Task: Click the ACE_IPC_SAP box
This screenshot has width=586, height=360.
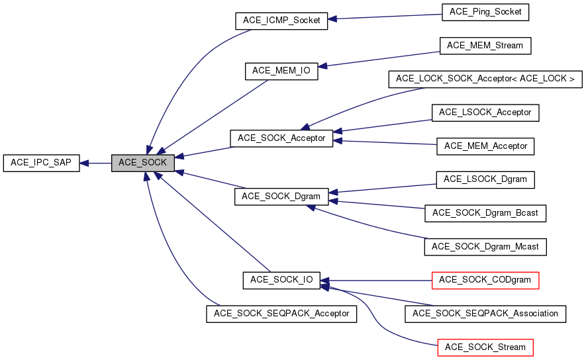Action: [x=41, y=163]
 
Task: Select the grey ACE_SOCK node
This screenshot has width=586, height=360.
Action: [x=142, y=163]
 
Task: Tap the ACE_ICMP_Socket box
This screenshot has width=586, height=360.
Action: [x=281, y=21]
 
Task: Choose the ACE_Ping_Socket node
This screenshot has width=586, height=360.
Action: [x=485, y=12]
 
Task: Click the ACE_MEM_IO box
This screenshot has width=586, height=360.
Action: [x=281, y=71]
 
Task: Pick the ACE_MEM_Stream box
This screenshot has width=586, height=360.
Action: [x=485, y=46]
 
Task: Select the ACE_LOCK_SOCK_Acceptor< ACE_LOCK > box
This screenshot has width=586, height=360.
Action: [x=485, y=79]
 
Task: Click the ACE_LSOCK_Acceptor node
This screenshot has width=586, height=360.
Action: [x=485, y=112]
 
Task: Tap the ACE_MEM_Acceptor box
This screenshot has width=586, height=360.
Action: [x=485, y=146]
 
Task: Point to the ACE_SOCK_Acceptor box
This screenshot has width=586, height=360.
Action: [x=281, y=138]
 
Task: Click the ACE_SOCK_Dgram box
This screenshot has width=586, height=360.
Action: [x=281, y=197]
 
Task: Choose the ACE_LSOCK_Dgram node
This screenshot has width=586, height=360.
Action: [x=485, y=179]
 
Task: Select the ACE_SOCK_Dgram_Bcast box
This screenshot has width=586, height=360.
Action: [x=485, y=213]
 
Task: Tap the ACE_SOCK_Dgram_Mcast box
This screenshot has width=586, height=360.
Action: [x=485, y=247]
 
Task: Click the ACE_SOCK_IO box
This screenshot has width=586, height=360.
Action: [x=281, y=280]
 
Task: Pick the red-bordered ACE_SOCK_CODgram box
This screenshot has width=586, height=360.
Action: [x=485, y=280]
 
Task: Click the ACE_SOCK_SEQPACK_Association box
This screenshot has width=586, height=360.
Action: [x=485, y=313]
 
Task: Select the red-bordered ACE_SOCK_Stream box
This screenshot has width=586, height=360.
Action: [x=485, y=347]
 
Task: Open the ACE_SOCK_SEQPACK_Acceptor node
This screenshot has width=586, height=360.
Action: [x=281, y=314]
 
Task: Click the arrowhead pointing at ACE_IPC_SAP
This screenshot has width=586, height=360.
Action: [x=85, y=163]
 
